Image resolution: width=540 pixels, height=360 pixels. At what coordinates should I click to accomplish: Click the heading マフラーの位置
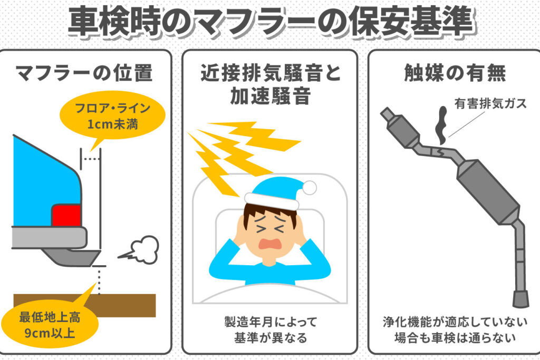click(x=84, y=73)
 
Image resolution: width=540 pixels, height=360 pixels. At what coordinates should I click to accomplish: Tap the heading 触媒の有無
click(x=455, y=73)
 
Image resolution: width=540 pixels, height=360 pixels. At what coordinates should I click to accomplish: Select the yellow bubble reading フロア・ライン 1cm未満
click(x=113, y=115)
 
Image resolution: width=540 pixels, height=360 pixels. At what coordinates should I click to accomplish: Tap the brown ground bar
click(x=85, y=305)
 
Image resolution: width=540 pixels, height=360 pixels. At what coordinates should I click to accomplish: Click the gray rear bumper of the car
click(x=49, y=237)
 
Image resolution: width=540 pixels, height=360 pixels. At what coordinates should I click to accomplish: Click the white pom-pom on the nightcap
click(x=309, y=188)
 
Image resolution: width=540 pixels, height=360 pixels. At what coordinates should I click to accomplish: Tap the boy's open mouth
click(x=271, y=244)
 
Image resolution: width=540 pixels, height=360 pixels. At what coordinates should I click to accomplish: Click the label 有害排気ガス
click(x=490, y=103)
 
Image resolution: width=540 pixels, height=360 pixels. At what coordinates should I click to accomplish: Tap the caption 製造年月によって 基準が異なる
click(x=271, y=330)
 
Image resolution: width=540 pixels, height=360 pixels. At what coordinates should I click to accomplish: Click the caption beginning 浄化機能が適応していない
click(x=455, y=330)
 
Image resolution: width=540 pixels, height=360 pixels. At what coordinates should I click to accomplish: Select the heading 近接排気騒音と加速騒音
click(x=271, y=84)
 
